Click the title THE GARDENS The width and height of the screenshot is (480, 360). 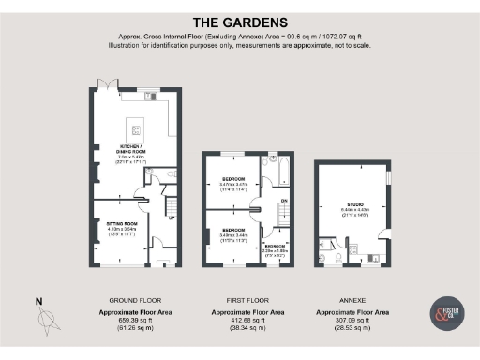239,22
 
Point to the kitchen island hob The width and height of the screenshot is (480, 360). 137,129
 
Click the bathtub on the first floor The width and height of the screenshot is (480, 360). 280,169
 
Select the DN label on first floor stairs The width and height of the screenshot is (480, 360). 284,201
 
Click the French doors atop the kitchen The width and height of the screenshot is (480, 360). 111,84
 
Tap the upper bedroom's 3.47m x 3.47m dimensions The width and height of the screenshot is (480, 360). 232,184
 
